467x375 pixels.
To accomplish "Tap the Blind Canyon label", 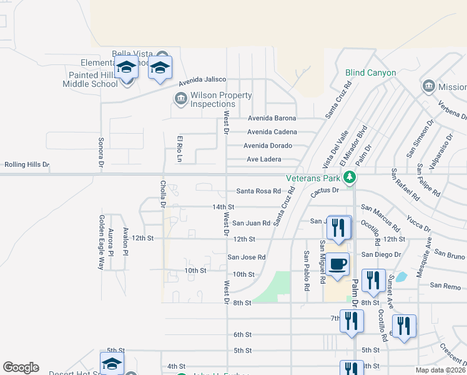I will [x=371, y=72].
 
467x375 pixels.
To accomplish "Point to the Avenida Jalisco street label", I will [x=201, y=82].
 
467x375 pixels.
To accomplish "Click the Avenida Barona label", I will [x=271, y=118].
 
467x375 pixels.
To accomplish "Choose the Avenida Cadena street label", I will [x=272, y=132].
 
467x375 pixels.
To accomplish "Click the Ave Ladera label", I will [x=263, y=159].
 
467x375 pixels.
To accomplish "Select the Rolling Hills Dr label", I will [x=26, y=164].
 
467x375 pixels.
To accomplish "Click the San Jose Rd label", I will [x=246, y=257].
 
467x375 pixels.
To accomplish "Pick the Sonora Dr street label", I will [x=101, y=152].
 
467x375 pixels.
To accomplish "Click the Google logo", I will [x=21, y=367].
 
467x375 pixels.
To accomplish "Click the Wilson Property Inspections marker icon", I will [x=180, y=97].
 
